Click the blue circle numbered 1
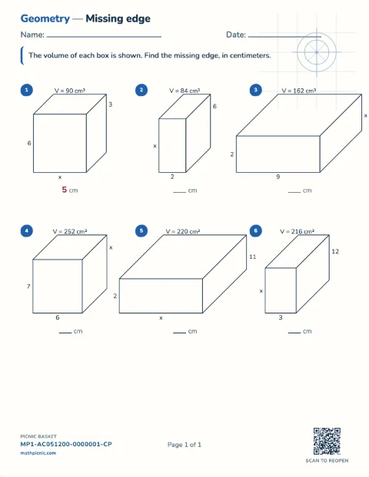pyautogui.click(x=26, y=90)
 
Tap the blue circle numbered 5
pyautogui.click(x=141, y=230)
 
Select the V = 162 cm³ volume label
pyautogui.click(x=299, y=91)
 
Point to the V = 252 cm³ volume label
pyautogui.click(x=70, y=231)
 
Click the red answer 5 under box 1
pyautogui.click(x=65, y=190)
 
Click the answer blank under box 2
pyautogui.click(x=180, y=192)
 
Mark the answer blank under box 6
pyautogui.click(x=294, y=333)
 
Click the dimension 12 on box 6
pyautogui.click(x=335, y=252)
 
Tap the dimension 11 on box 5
pyautogui.click(x=253, y=257)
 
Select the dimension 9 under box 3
pyautogui.click(x=278, y=177)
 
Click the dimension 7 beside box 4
pyautogui.click(x=28, y=287)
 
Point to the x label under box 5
pyautogui.click(x=161, y=318)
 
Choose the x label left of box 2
pyautogui.click(x=155, y=146)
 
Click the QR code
pyautogui.click(x=327, y=441)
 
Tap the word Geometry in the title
pyautogui.click(x=45, y=18)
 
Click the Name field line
pyautogui.click(x=104, y=37)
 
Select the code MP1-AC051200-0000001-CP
pyautogui.click(x=66, y=444)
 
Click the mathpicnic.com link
pyautogui.click(x=38, y=453)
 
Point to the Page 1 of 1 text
pyautogui.click(x=184, y=445)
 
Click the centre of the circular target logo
pyautogui.click(x=317, y=52)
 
